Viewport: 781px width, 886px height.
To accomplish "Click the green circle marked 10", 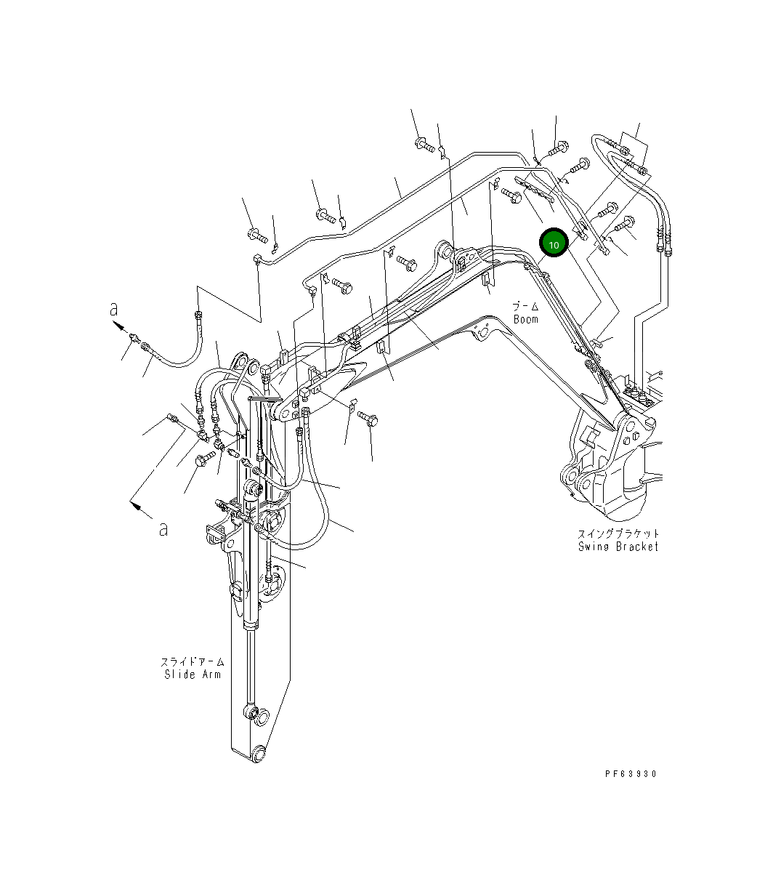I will (x=554, y=245).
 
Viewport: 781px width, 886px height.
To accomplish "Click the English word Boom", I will (x=526, y=319).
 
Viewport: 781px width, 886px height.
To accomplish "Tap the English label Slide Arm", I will (x=193, y=674).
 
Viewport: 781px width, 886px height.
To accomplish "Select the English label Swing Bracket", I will (x=618, y=547).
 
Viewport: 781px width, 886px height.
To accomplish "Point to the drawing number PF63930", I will (x=630, y=774).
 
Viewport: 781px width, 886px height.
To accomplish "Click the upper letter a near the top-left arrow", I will (x=114, y=309).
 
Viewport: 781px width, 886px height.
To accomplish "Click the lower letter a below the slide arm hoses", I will (x=163, y=528).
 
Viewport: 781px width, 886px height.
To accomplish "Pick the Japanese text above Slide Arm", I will (x=193, y=662).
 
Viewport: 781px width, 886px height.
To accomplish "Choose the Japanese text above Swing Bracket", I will (x=618, y=534).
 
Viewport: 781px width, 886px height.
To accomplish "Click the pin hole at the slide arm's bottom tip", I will (x=258, y=755).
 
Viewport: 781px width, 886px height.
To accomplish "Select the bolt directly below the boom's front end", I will (x=368, y=419).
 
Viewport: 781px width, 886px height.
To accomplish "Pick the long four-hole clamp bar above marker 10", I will (x=535, y=188).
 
